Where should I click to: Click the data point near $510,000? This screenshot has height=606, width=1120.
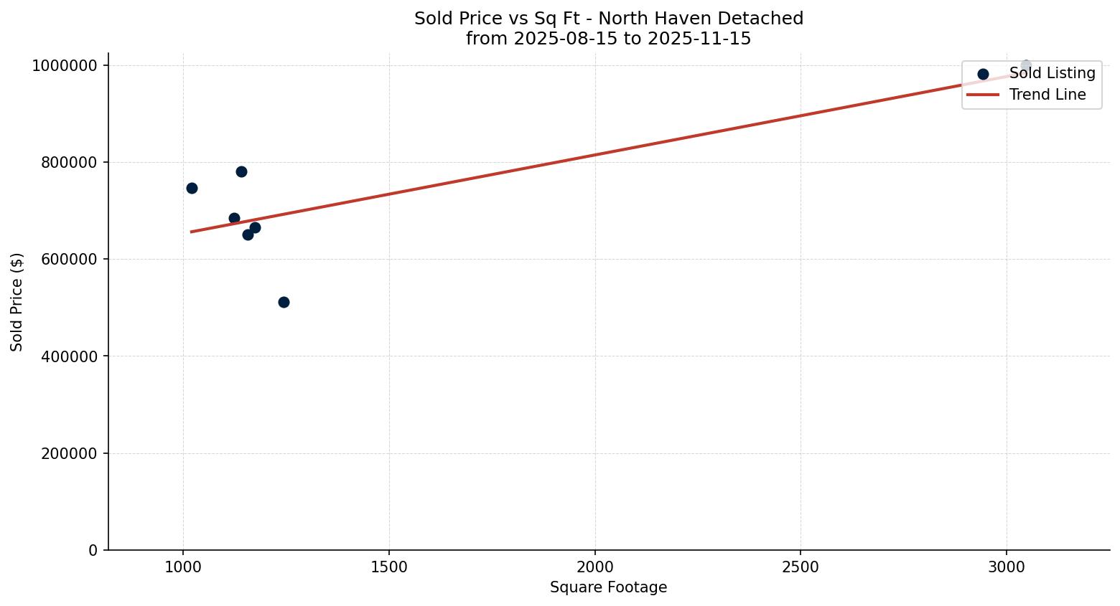pos(284,302)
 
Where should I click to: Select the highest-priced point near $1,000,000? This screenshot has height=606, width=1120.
pos(1026,65)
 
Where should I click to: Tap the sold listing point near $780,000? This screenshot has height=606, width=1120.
pos(241,171)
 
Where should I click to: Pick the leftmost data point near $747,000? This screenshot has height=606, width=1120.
pos(192,188)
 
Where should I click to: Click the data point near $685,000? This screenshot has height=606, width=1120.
pos(234,218)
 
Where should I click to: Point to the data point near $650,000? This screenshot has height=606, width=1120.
pos(248,235)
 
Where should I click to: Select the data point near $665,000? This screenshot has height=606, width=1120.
pos(255,227)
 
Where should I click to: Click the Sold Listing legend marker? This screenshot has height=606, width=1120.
pos(983,74)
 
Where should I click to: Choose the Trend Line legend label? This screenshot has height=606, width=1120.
pos(1047,95)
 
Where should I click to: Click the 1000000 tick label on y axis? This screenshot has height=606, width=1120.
pos(65,66)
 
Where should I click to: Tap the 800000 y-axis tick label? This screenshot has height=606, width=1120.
pos(69,163)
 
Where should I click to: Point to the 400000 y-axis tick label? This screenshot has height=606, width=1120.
pos(69,356)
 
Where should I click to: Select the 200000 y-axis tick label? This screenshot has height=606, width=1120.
pos(69,453)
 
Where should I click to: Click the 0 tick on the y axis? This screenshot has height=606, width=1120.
pos(93,550)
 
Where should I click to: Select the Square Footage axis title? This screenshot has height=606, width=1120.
pos(608,588)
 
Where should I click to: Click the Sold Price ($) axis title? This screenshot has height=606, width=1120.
pos(17,302)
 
